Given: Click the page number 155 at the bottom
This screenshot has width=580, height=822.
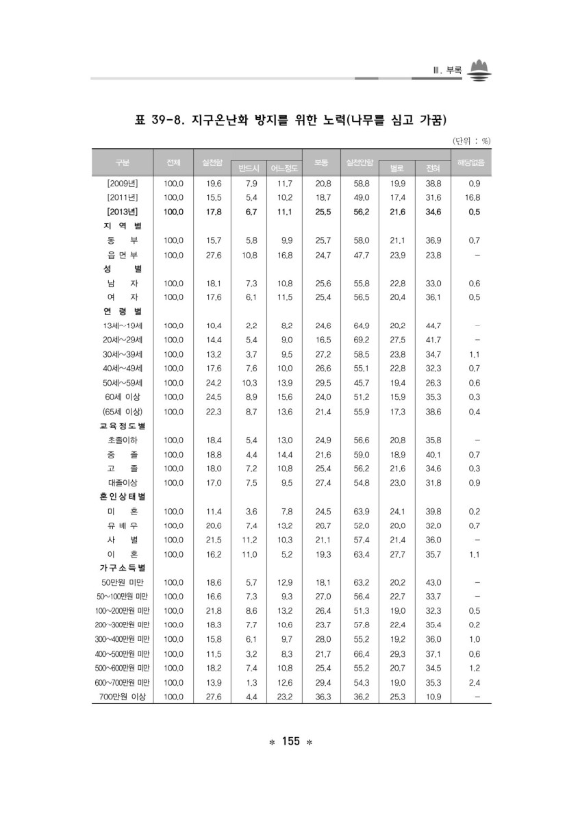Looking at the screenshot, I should [x=290, y=742].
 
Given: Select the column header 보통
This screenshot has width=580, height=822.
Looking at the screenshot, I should [x=322, y=162].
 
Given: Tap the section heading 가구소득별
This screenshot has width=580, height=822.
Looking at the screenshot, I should [x=123, y=568].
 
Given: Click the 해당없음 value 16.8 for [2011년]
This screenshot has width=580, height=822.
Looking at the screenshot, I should [x=472, y=197].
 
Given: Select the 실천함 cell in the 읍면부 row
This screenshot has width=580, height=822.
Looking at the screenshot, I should [x=213, y=255].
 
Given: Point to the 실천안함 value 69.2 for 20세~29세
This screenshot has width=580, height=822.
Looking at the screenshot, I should [x=361, y=340].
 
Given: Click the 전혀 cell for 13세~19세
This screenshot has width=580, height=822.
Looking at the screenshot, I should [x=433, y=325].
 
